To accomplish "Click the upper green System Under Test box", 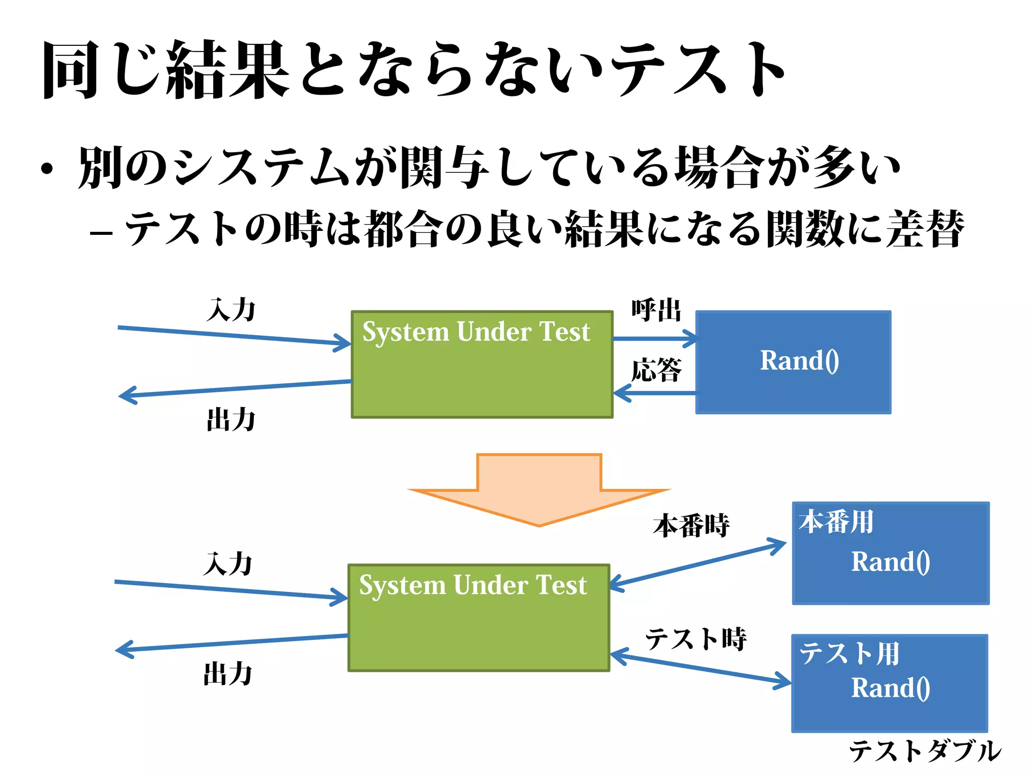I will click(482, 373).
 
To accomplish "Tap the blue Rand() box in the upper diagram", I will click(793, 362).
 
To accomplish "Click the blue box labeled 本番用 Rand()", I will click(890, 553).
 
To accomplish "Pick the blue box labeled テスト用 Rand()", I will click(889, 683).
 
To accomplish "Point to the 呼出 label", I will click(656, 310).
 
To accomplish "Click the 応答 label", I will click(656, 370).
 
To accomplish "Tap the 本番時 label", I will click(691, 526).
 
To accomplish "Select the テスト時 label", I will click(695, 639).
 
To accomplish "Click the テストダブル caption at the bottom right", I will click(925, 751).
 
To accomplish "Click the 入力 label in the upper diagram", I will click(231, 309).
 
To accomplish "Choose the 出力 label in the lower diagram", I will click(228, 674).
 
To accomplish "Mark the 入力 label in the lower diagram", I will click(228, 563).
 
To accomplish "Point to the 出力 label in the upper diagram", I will click(231, 419).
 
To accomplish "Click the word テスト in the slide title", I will click(698, 70).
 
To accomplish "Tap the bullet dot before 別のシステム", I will click(47, 169).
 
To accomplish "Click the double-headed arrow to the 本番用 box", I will click(698, 564).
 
